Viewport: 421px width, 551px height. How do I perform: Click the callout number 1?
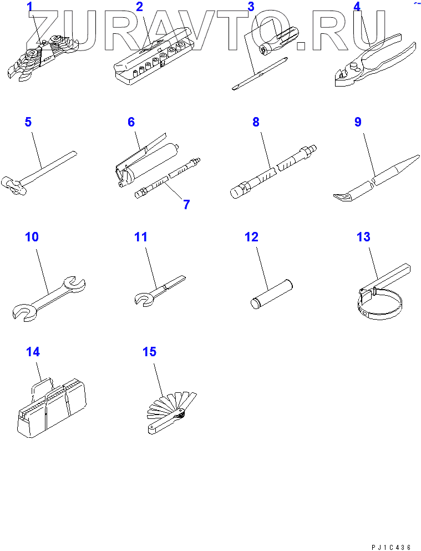click(x=30, y=7)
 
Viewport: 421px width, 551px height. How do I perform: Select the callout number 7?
click(x=186, y=204)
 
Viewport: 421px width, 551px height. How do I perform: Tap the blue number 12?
click(x=251, y=237)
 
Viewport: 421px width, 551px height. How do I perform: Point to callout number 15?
click(x=149, y=352)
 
